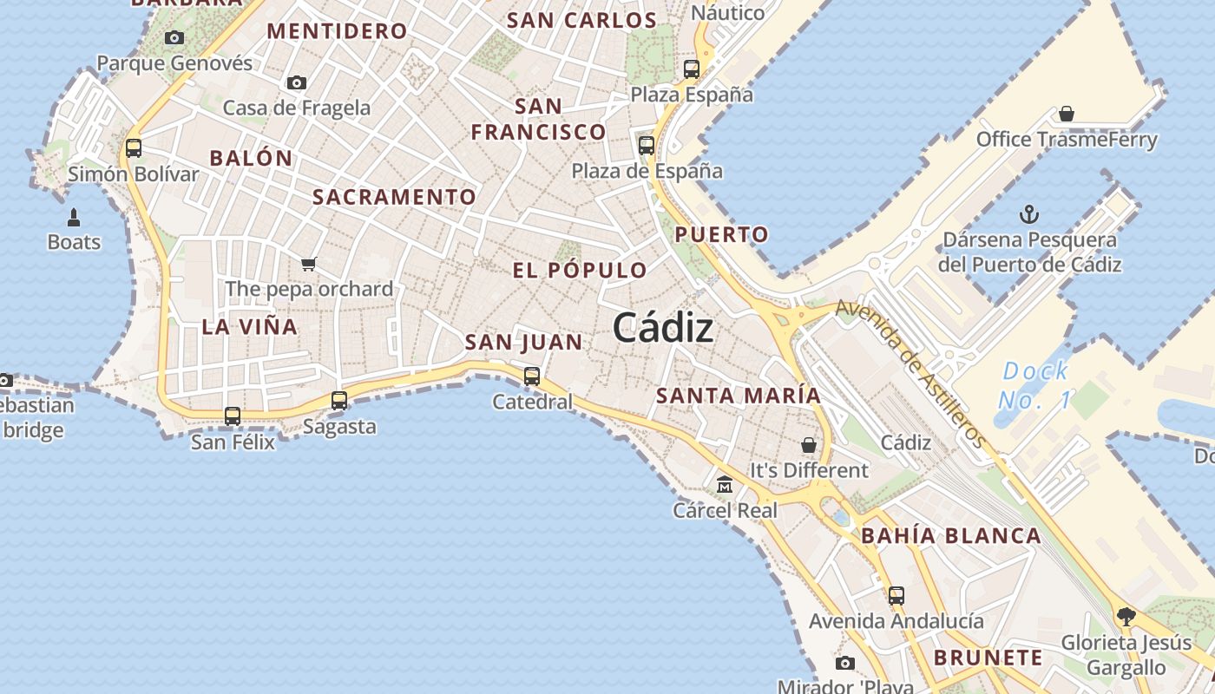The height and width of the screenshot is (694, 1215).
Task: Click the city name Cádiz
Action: [663, 328]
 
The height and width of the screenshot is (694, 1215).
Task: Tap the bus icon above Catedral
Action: [532, 376]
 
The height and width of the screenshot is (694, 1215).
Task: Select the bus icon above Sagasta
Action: [339, 401]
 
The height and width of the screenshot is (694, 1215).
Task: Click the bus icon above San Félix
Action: [233, 416]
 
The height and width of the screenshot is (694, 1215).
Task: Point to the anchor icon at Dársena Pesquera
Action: [1029, 213]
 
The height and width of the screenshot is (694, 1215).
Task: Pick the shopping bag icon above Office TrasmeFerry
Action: [1067, 114]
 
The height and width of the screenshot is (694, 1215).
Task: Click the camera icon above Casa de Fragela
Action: [297, 82]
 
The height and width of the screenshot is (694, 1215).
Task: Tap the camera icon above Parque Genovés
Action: [174, 37]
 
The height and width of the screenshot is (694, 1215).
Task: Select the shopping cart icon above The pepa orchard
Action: [309, 264]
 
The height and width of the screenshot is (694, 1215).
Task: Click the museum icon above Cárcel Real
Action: [725, 485]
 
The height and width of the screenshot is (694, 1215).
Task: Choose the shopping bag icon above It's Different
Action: [809, 445]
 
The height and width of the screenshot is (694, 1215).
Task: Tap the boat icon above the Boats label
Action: [74, 217]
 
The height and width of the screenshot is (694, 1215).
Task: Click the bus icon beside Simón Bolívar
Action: [134, 147]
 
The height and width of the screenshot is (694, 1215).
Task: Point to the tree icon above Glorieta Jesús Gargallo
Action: [1126, 617]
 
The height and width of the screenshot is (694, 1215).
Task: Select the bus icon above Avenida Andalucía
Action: [896, 596]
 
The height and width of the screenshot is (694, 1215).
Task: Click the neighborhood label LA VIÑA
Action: [250, 327]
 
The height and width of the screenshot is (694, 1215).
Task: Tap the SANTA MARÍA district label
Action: [738, 396]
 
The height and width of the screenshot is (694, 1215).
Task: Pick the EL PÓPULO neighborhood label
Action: [580, 270]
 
